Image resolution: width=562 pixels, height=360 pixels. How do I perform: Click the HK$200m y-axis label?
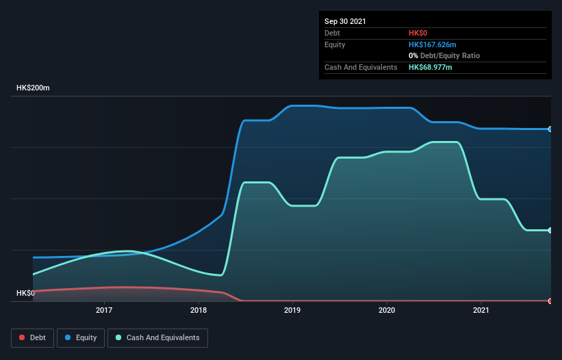tap(33, 88)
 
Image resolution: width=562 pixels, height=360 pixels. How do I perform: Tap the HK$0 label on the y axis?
tap(25, 293)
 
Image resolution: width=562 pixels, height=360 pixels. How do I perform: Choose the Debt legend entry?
tap(33, 337)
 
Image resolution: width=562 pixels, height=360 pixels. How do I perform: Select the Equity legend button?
tap(81, 337)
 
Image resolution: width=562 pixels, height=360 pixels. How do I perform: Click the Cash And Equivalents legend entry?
tap(157, 337)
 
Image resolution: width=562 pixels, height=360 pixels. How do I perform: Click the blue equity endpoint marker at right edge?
tap(550, 129)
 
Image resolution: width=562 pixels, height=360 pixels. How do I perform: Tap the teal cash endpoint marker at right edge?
tap(550, 230)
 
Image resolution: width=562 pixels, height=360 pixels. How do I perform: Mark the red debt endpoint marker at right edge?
tap(550, 300)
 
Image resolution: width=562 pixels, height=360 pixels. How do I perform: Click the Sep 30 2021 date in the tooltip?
tap(345, 21)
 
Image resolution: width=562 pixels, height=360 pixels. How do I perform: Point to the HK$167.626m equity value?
tap(432, 44)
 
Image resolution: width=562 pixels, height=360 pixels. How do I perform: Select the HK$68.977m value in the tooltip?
tap(430, 67)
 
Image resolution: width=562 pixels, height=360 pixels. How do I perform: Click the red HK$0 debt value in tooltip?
tap(418, 33)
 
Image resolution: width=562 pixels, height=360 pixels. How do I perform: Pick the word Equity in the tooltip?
tap(335, 44)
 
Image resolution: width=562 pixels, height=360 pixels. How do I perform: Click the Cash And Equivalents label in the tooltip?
tap(361, 67)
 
